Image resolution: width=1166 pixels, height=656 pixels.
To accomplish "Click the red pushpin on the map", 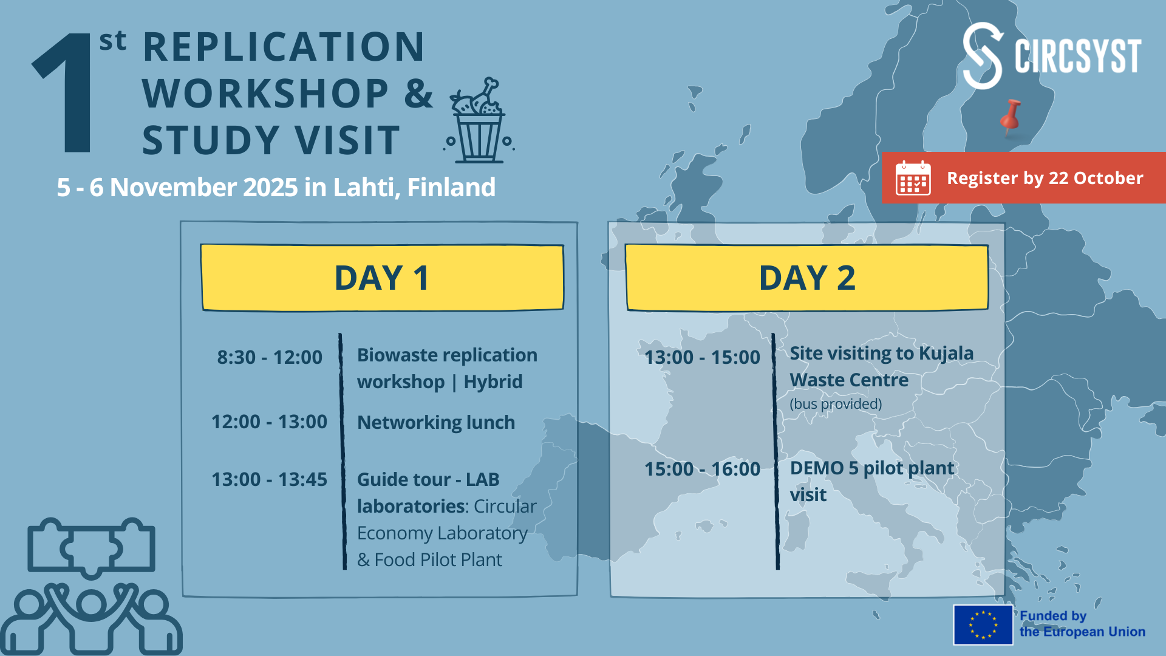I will click(1011, 117).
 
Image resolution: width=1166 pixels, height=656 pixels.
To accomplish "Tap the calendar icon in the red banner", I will click(913, 178).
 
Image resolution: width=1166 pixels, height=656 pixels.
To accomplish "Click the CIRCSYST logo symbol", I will click(982, 56).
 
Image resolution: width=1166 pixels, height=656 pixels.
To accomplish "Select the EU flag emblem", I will click(983, 624).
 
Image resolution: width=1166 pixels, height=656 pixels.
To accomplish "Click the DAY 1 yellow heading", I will click(382, 278).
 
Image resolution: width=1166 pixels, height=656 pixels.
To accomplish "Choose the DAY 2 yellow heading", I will click(807, 278).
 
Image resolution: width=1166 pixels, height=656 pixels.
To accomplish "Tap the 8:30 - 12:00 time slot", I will click(270, 357).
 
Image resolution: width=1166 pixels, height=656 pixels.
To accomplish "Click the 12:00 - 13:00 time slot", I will click(269, 422).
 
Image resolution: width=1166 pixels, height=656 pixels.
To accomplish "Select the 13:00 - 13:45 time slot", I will click(269, 479).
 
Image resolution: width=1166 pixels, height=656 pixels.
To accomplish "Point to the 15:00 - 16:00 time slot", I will click(702, 469).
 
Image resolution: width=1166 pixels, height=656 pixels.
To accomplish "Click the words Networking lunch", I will click(436, 422).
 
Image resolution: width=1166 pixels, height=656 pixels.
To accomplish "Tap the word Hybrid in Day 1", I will click(493, 381).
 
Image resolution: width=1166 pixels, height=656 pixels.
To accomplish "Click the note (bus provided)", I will click(836, 404).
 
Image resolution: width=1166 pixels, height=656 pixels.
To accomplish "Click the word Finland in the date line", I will click(451, 187).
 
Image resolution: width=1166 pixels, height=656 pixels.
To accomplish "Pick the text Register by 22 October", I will click(1045, 178).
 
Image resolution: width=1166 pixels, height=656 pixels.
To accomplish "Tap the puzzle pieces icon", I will click(91, 547).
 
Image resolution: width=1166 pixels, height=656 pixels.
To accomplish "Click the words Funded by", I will click(1052, 616).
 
